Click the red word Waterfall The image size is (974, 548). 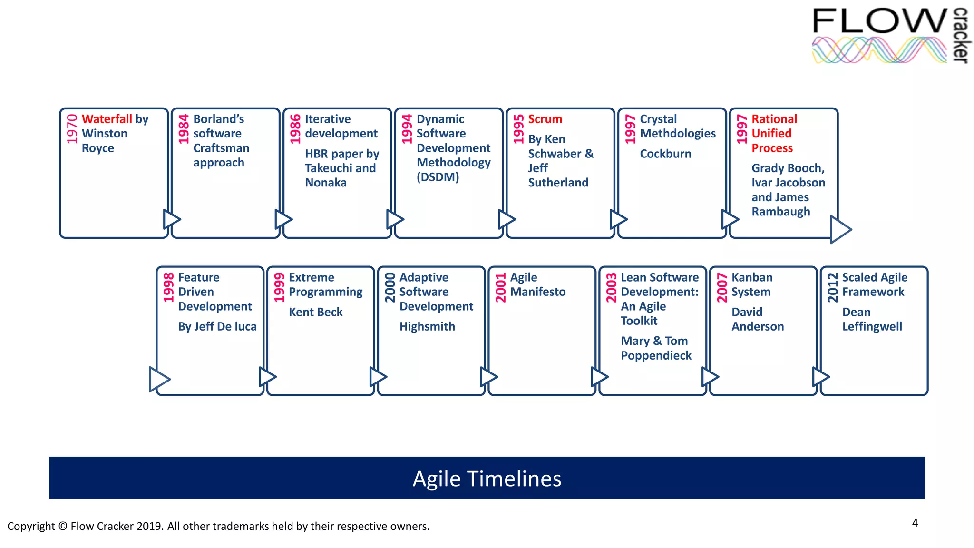(107, 119)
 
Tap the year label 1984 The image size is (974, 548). (184, 129)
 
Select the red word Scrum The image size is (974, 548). (545, 119)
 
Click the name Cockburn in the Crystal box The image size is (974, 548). (665, 154)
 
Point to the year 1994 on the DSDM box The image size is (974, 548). (407, 129)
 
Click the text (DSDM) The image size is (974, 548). (438, 177)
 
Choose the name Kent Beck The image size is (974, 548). (315, 312)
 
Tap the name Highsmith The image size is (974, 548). (427, 326)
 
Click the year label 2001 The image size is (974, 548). (500, 287)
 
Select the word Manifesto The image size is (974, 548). (538, 292)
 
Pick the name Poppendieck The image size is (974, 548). (656, 355)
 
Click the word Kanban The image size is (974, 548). (752, 277)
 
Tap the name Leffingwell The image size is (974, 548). (872, 326)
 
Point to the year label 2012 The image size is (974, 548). (832, 287)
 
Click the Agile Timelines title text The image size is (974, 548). (487, 479)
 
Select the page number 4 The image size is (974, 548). (915, 523)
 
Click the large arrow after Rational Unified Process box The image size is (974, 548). (840, 229)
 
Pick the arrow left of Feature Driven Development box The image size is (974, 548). (159, 379)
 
